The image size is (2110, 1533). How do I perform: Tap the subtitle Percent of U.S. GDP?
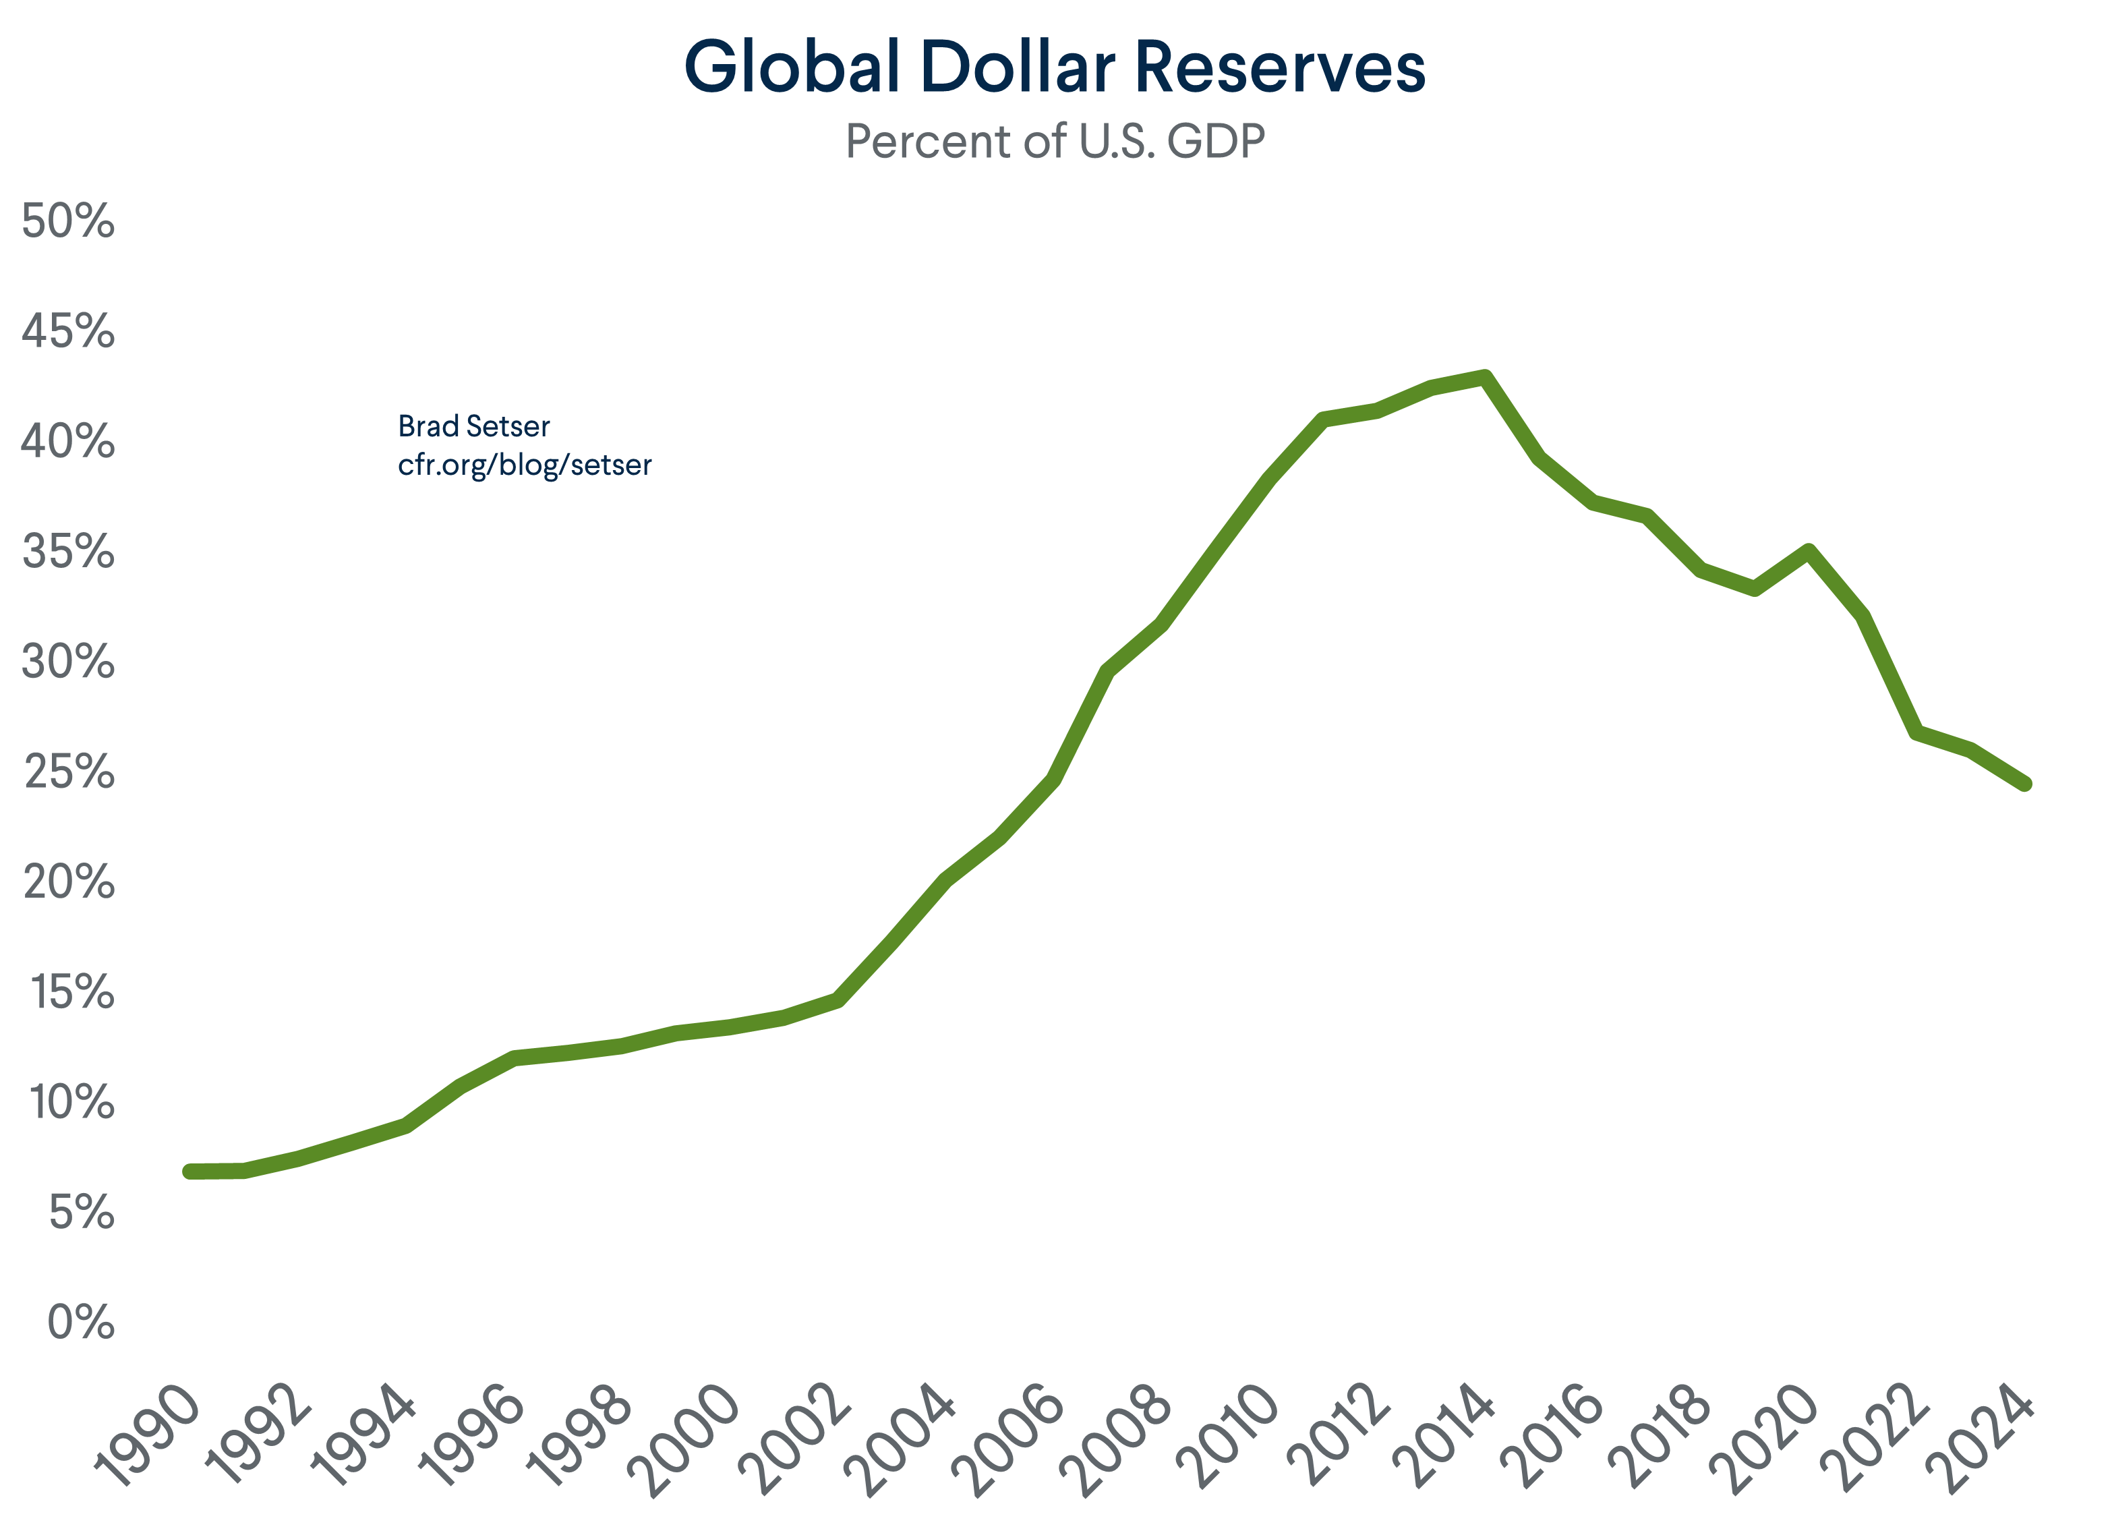tap(1055, 142)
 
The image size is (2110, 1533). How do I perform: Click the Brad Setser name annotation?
tap(473, 427)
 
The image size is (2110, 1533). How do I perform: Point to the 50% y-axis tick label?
tap(68, 221)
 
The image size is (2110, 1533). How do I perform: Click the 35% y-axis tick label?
tap(68, 552)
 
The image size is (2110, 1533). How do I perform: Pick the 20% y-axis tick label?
tap(68, 882)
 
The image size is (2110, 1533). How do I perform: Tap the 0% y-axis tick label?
tap(81, 1322)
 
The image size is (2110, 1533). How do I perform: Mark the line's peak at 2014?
tap(1486, 378)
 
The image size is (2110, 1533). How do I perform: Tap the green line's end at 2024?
tap(2024, 783)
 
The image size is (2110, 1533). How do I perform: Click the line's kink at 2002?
tap(838, 1000)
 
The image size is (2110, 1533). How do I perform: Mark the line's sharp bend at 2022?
tap(1916, 732)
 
